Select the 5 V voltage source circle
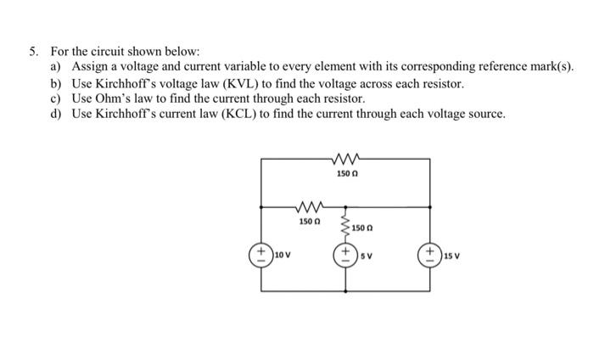pos(346,254)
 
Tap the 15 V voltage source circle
pos(433,254)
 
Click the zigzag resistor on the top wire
pos(346,157)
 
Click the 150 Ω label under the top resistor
pos(347,172)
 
